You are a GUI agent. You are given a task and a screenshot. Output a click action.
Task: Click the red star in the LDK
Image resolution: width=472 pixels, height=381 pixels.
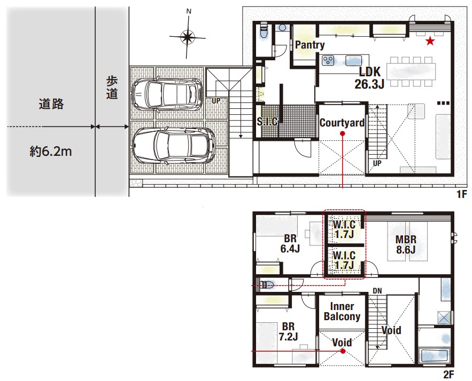(430, 41)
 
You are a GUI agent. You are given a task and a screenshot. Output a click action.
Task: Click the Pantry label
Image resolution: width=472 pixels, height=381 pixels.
(309, 45)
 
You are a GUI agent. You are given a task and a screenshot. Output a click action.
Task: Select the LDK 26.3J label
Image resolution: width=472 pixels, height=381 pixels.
(370, 78)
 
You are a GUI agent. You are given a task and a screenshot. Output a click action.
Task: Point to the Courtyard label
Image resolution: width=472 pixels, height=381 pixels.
(342, 123)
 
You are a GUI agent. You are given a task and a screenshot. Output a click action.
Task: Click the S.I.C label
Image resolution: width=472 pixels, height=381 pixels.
(267, 121)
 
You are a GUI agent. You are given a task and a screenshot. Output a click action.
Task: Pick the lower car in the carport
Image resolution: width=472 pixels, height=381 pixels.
(174, 146)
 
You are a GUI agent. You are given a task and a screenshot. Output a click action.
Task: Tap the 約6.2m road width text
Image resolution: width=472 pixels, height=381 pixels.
(51, 152)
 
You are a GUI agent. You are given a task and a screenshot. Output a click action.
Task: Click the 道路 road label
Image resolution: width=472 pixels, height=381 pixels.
(51, 104)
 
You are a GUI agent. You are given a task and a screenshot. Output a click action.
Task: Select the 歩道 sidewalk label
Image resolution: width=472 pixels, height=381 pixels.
(112, 88)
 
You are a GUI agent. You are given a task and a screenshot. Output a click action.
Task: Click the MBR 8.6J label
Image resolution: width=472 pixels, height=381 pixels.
(406, 244)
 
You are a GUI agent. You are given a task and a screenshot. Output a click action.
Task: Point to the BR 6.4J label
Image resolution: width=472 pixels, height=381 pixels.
(290, 243)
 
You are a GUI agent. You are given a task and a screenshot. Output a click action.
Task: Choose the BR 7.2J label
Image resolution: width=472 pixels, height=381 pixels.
(288, 331)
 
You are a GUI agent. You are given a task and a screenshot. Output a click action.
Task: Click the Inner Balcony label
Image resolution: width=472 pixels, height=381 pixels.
(342, 311)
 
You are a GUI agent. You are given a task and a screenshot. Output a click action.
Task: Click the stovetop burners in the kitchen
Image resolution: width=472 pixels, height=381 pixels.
(328, 60)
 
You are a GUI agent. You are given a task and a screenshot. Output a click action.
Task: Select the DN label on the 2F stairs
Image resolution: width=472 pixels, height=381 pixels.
(377, 291)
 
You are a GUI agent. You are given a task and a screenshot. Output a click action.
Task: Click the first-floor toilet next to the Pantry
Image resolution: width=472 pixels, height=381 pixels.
(264, 31)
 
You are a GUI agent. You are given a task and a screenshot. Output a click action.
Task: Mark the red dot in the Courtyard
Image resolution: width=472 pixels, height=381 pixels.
(342, 134)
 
